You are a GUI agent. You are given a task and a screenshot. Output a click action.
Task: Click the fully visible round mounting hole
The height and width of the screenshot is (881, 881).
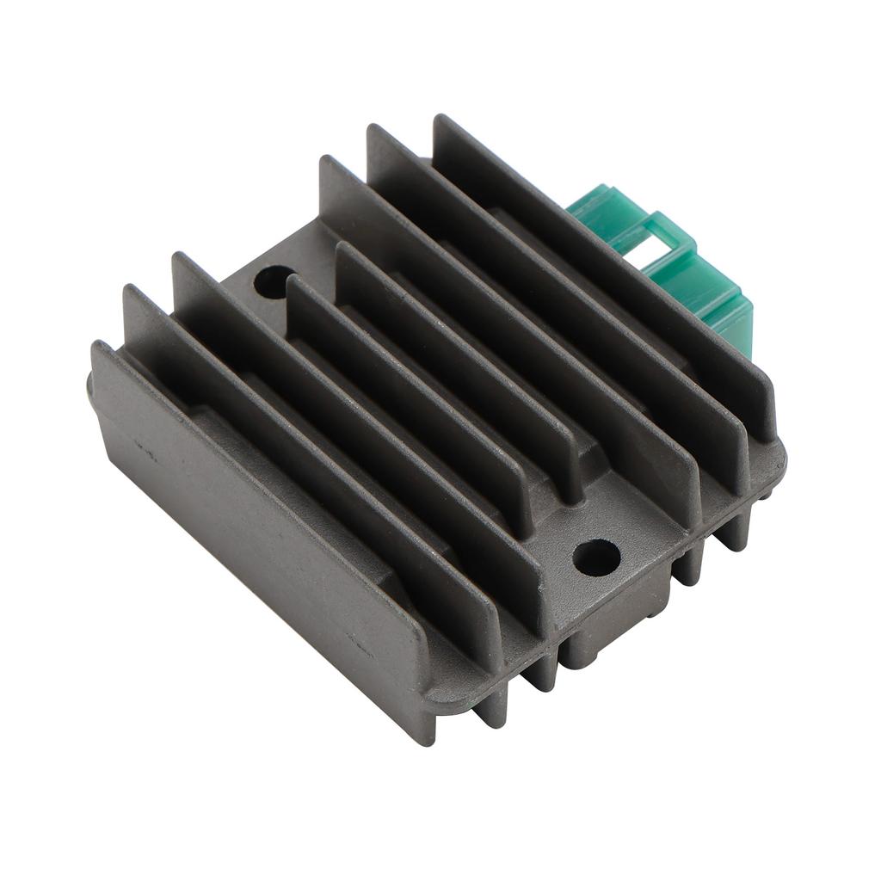click(x=596, y=558)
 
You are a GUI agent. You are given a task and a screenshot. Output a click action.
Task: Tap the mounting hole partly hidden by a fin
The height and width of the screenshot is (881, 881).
click(x=273, y=281)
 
